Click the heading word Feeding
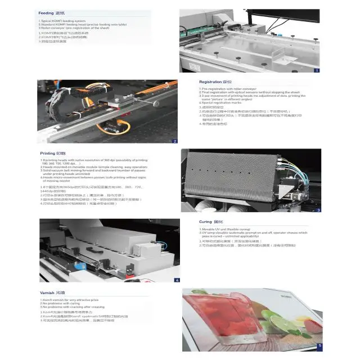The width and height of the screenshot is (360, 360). coord(46,12)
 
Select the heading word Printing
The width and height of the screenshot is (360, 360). coord(47,153)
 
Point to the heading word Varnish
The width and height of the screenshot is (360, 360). coord(48,293)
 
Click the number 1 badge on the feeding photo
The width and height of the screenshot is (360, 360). coord(317,70)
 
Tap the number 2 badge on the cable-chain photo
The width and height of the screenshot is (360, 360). coord(175,141)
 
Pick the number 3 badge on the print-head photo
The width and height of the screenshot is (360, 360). coord(318,210)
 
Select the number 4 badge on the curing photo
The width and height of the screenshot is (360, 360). coord(177,280)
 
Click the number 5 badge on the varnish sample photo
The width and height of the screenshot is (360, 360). coord(319,346)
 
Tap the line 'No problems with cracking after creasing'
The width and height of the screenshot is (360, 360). coord(73,307)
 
